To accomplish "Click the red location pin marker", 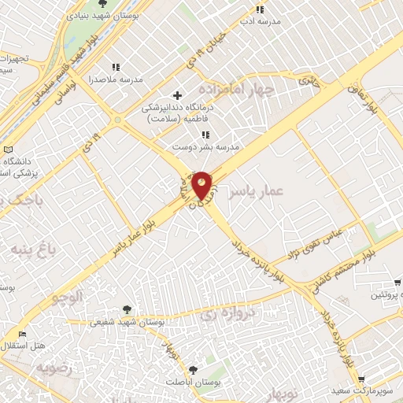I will (203, 185).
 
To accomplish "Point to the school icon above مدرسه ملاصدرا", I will (116, 68).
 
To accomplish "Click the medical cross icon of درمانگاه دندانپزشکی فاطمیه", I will (178, 95).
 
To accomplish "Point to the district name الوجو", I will (66, 298).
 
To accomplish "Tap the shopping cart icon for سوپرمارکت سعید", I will (361, 379).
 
